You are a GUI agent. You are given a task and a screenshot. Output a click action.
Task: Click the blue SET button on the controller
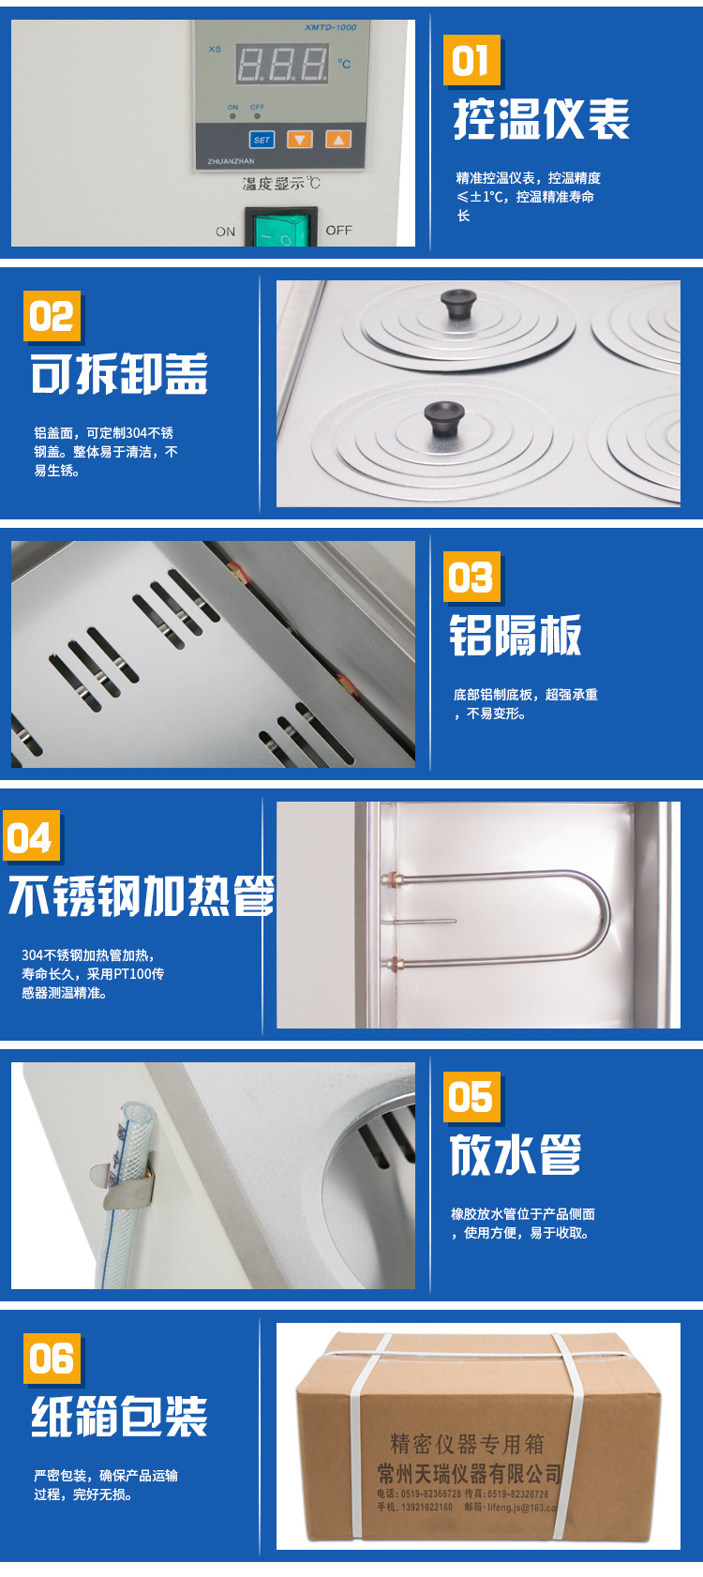(x=262, y=140)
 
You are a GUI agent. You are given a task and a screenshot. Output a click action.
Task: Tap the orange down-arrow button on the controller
(x=299, y=140)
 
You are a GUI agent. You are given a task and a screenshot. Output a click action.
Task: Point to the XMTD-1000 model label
(x=330, y=27)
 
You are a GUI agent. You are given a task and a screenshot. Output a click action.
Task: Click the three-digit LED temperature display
(x=282, y=65)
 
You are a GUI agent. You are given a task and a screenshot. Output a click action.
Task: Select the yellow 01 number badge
(x=471, y=61)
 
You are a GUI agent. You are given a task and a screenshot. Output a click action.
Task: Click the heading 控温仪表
(x=542, y=119)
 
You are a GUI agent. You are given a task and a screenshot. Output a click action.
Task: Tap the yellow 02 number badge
(x=52, y=316)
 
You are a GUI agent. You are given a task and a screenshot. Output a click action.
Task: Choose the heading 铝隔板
(x=516, y=636)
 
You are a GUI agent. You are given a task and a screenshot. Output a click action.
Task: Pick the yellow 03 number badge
(x=471, y=577)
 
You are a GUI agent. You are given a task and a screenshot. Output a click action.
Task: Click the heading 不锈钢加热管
(x=142, y=896)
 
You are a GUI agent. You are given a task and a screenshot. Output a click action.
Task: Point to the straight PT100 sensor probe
(x=422, y=922)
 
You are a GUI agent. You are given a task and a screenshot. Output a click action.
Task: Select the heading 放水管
(x=516, y=1154)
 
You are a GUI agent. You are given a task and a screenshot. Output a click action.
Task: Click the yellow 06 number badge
(x=52, y=1359)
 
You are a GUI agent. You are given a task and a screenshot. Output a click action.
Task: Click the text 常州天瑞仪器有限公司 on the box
(x=469, y=1473)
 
